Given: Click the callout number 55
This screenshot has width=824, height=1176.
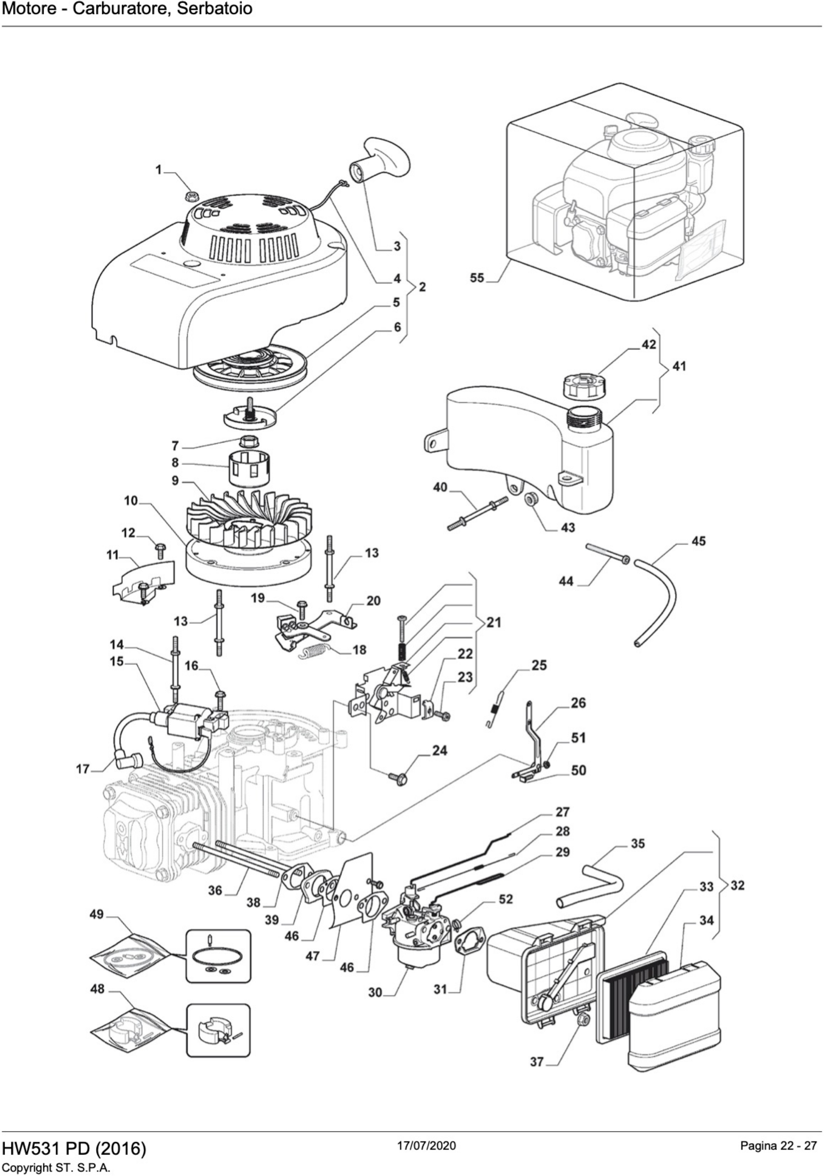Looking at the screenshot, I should [x=477, y=278].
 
